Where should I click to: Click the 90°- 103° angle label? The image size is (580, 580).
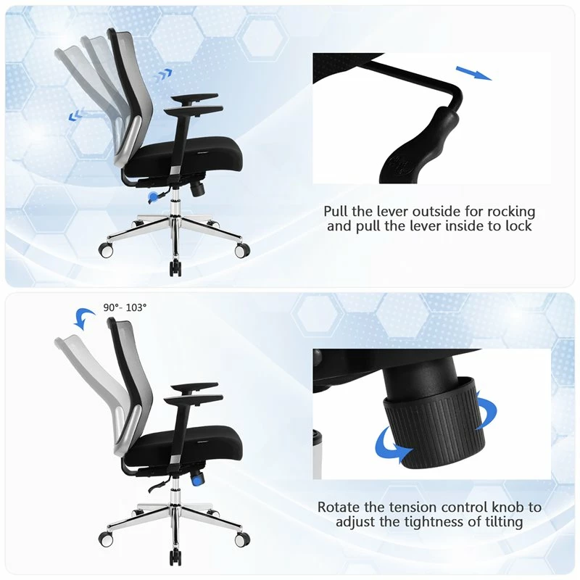(x=125, y=307)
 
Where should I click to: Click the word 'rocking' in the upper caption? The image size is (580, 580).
(x=511, y=212)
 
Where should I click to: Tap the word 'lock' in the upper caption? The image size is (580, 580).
(x=518, y=225)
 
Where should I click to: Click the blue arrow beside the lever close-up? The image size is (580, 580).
(x=473, y=73)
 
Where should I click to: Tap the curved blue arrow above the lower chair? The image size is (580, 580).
(x=84, y=319)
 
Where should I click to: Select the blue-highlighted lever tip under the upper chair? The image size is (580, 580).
(x=152, y=197)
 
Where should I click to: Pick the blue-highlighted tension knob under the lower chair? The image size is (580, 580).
(x=197, y=479)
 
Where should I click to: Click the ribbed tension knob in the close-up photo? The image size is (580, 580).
(x=434, y=423)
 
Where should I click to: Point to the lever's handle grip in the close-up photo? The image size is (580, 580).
(x=418, y=148)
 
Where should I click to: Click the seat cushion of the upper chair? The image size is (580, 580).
(x=184, y=159)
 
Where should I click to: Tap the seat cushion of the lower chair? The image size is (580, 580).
(x=184, y=447)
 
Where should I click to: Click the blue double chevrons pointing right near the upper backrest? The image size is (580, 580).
(x=162, y=75)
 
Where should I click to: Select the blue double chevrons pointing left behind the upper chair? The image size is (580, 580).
(x=76, y=115)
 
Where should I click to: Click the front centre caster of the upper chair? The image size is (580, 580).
(x=175, y=268)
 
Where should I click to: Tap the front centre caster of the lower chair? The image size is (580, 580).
(x=175, y=557)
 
